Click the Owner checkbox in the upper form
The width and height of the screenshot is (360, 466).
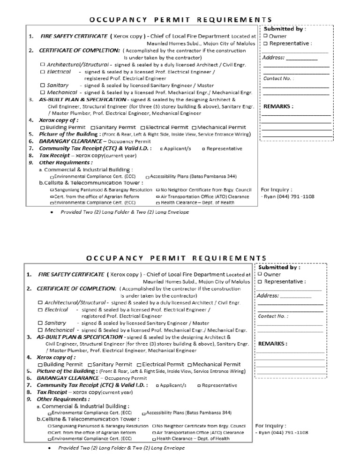point(266,36)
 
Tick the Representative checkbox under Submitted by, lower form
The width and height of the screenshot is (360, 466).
point(260,282)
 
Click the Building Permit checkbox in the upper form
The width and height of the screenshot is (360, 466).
point(43,128)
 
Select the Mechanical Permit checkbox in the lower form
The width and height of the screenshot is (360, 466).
point(189,365)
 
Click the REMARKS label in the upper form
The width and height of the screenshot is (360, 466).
point(278,106)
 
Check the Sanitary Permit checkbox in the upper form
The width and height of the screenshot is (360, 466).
point(93,128)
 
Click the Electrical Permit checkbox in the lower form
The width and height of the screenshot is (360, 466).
point(139,365)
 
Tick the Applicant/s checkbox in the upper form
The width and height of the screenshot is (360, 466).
point(162,149)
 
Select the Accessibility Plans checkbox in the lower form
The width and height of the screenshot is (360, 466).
point(143,413)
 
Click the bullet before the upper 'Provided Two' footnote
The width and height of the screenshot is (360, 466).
point(50,212)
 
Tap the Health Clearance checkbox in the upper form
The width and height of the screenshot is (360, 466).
point(157,203)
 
